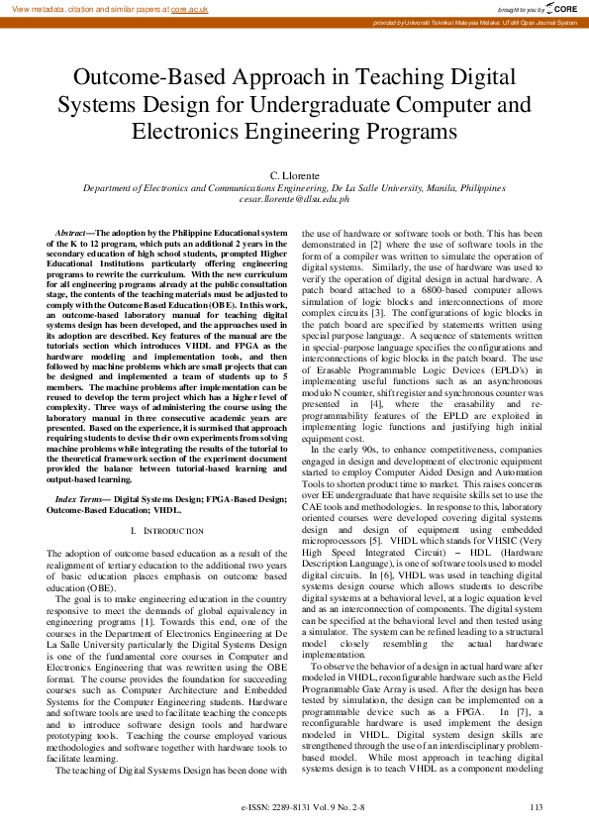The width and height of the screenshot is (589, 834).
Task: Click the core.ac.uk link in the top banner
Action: point(189,8)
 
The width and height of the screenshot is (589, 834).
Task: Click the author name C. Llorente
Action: point(295,175)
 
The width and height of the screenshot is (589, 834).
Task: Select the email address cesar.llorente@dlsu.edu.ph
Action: point(295,198)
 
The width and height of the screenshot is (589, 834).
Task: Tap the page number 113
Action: point(536,808)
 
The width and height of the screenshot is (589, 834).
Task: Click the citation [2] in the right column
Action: point(394,243)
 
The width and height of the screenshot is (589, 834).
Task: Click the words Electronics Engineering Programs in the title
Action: point(295,130)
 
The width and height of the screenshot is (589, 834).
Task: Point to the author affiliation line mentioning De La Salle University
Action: point(295,187)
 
